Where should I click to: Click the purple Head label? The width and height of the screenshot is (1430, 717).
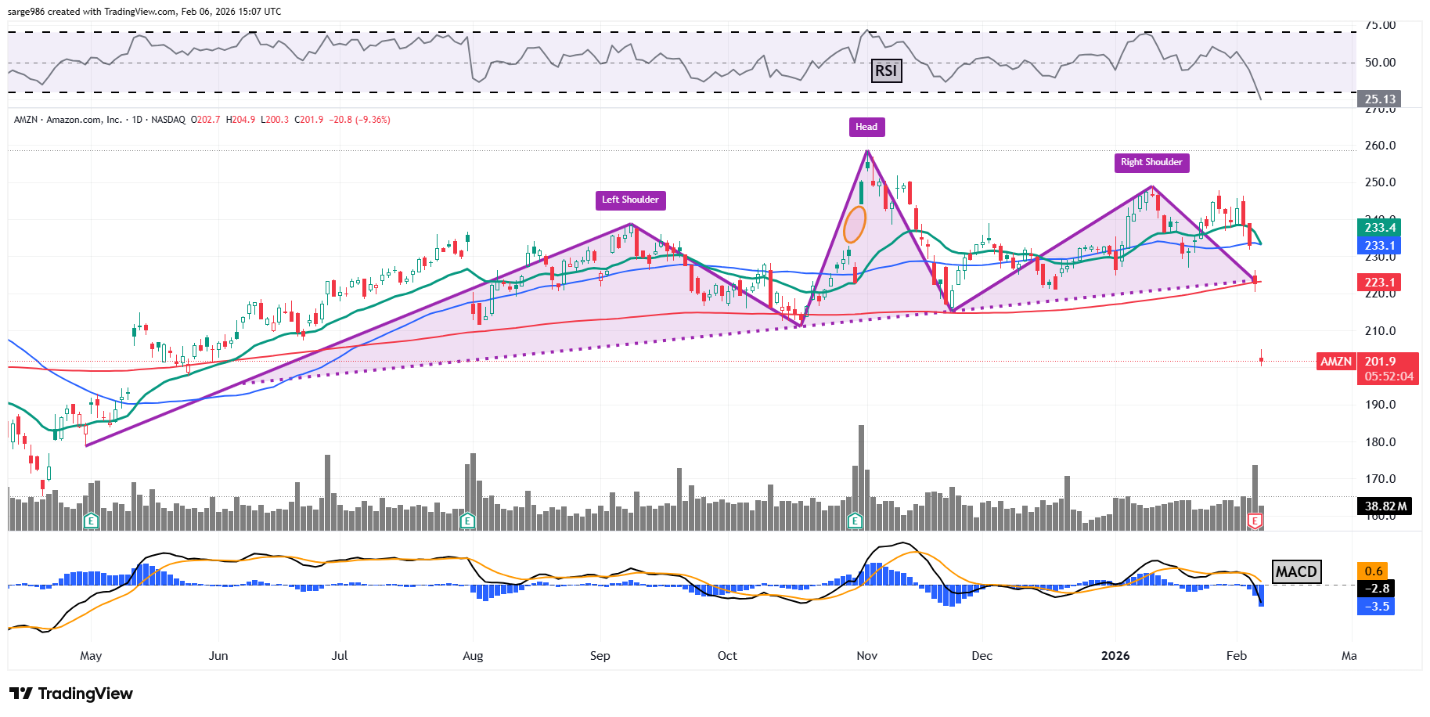[x=866, y=127]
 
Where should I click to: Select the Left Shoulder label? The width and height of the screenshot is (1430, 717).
[x=630, y=200]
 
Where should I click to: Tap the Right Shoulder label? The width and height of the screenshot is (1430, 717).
[x=1151, y=162]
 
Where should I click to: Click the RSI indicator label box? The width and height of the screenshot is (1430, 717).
[x=886, y=71]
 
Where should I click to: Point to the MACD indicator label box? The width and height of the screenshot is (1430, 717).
[x=1296, y=571]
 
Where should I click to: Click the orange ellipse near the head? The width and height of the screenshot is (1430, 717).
[x=855, y=225]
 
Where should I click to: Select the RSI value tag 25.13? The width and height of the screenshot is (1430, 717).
[x=1379, y=99]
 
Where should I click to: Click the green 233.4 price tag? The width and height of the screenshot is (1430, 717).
[x=1379, y=228]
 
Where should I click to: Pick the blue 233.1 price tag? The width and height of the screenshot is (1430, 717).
[x=1379, y=246]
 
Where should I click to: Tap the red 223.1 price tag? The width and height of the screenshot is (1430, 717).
[x=1379, y=283]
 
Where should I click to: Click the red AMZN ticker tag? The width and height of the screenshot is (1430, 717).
[x=1336, y=362]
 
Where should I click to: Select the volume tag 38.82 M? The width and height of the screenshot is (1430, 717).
[x=1385, y=506]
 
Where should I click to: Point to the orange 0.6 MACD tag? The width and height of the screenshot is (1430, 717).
[x=1374, y=571]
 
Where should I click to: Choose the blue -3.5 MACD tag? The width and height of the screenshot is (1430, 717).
[x=1377, y=607]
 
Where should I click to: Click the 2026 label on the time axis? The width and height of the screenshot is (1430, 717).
[x=1115, y=656]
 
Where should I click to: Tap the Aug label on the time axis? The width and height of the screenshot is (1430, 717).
[x=473, y=656]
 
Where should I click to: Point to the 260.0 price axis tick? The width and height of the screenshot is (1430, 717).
[x=1380, y=146]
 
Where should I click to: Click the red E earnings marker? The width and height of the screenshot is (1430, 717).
[x=1255, y=521]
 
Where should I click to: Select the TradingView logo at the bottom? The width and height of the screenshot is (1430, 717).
[x=71, y=694]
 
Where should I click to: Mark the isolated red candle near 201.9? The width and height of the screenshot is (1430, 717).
[x=1262, y=359]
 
